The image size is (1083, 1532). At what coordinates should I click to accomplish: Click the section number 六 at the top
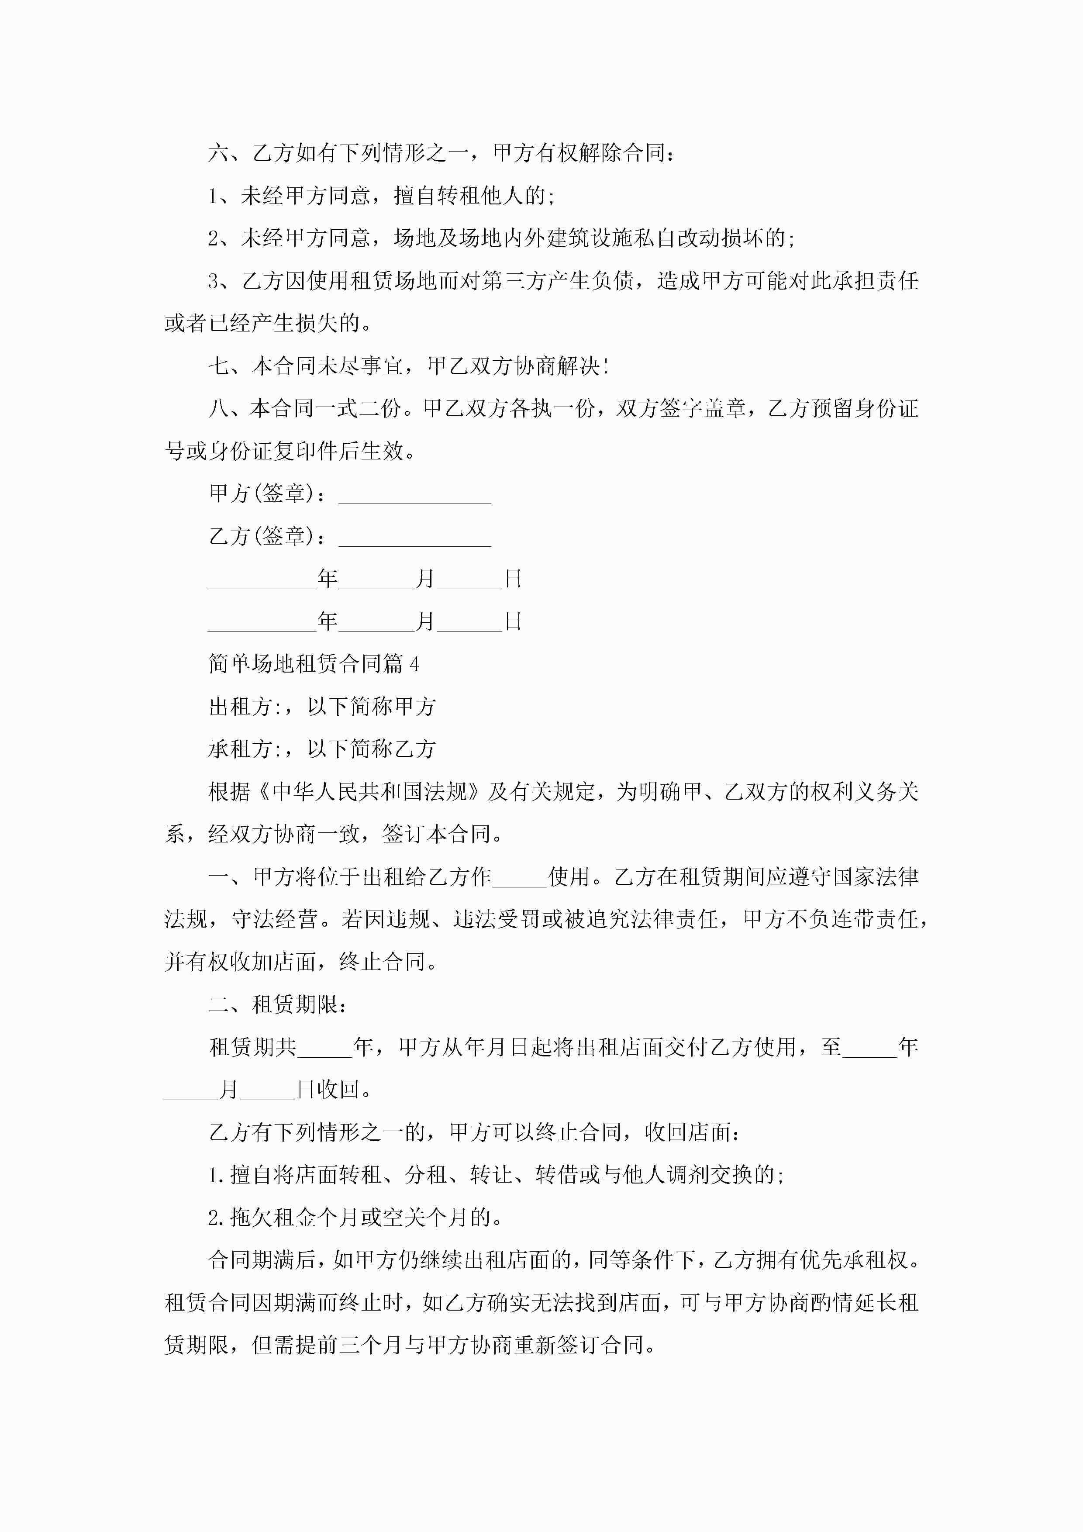point(218,153)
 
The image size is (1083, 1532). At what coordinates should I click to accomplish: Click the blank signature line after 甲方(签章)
point(414,495)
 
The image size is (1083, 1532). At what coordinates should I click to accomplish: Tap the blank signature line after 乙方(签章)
point(414,538)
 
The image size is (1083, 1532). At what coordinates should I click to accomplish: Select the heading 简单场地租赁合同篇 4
point(314,664)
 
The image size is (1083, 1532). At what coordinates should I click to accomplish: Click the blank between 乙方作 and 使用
point(519,877)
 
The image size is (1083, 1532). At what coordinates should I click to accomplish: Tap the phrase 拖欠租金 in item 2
point(273,1218)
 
